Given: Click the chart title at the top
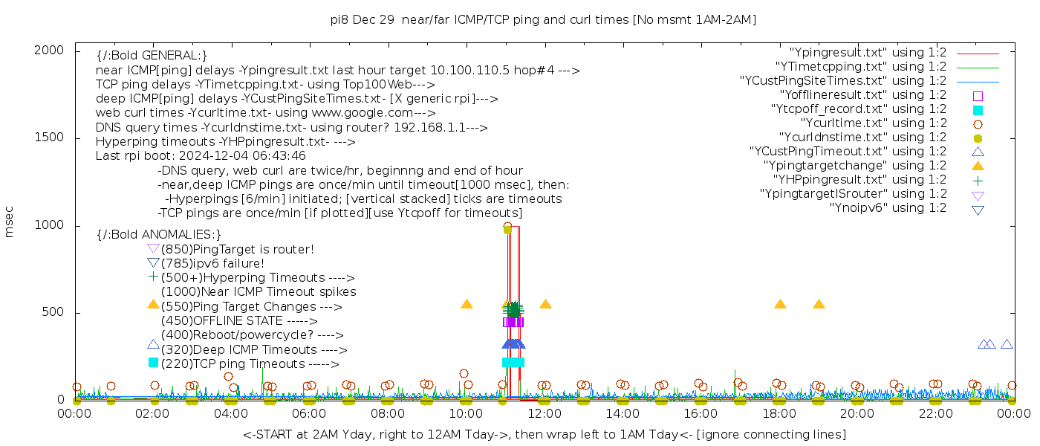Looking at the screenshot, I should (x=543, y=20).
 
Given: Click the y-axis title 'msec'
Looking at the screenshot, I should (x=10, y=222).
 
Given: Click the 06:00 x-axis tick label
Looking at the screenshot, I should (x=309, y=413).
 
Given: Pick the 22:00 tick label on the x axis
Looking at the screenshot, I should (x=935, y=413).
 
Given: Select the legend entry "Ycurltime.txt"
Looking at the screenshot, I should (x=874, y=123).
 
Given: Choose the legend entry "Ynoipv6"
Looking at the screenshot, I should (x=888, y=208).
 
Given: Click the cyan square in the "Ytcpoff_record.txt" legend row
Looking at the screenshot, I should (x=978, y=110).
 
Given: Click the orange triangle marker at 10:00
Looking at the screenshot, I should (x=467, y=304).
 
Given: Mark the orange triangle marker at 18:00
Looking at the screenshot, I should (x=780, y=304).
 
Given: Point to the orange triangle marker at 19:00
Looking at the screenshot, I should (x=819, y=304).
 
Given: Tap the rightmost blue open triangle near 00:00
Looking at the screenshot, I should (x=1007, y=344).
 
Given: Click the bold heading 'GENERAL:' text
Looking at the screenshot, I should (x=152, y=56).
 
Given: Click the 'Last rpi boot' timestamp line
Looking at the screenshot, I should (x=201, y=156).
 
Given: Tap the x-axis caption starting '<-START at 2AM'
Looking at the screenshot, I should (x=544, y=434).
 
